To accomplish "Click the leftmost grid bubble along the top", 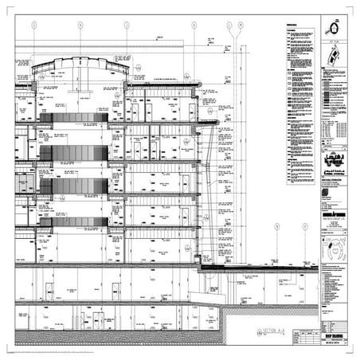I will coord(34,25).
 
